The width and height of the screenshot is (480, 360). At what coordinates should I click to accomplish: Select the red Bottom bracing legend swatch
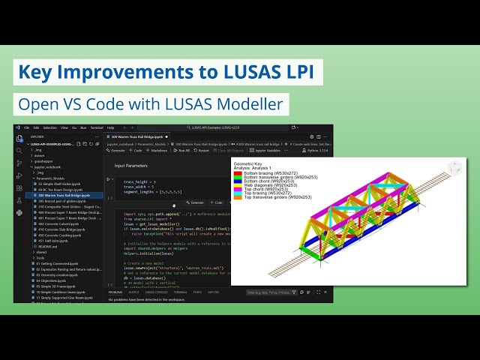tap(238, 173)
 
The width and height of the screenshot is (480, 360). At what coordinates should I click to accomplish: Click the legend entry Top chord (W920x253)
tap(265, 189)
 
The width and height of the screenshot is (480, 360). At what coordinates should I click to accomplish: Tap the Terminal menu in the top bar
tap(96, 127)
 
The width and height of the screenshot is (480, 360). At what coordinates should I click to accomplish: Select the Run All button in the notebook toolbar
tap(183, 151)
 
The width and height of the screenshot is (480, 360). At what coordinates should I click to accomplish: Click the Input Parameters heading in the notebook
tap(130, 166)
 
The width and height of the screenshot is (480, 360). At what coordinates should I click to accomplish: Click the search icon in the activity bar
tap(19, 151)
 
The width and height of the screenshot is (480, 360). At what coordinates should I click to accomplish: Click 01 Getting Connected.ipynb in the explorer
tap(56, 264)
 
